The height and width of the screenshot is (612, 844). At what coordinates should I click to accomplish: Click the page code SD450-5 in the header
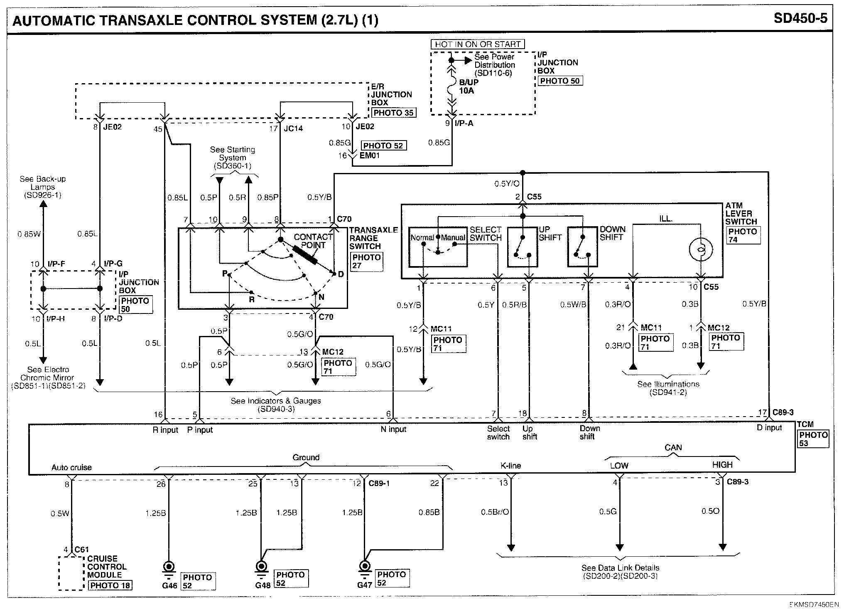[800, 18]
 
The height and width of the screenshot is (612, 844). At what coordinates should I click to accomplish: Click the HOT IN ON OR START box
[478, 44]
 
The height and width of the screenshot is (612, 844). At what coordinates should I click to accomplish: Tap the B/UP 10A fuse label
[468, 86]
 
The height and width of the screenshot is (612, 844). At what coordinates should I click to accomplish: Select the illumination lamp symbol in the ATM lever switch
[701, 249]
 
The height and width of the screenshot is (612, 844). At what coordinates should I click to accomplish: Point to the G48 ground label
[262, 585]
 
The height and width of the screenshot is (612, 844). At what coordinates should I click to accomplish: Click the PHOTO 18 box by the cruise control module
[110, 585]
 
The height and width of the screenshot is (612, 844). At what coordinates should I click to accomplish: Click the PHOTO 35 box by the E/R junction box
[393, 113]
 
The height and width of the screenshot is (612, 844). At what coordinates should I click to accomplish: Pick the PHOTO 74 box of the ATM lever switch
[743, 235]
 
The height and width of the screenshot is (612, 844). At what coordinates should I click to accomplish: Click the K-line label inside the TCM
[510, 466]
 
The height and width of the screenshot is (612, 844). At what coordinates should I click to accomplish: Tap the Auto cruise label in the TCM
[71, 467]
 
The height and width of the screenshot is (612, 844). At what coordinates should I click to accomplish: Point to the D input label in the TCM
[769, 428]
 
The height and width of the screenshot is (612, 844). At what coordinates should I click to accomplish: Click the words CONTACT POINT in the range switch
[313, 241]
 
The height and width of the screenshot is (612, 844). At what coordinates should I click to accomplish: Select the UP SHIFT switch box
[523, 247]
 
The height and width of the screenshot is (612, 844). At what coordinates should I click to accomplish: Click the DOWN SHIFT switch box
[583, 247]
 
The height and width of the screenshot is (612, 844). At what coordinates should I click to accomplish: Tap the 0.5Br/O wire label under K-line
[495, 512]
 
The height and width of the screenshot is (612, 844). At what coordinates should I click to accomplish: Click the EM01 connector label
[370, 155]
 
